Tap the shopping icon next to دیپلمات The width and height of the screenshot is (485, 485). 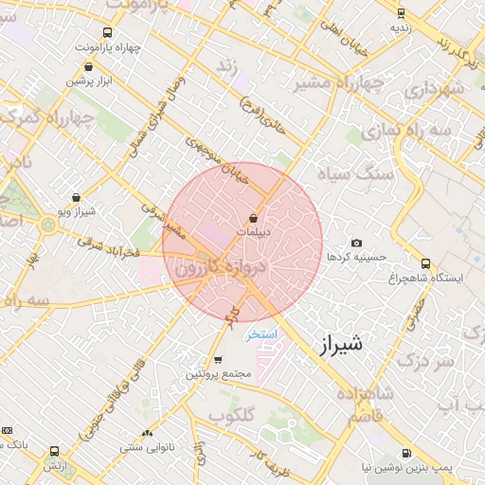coord(253,219)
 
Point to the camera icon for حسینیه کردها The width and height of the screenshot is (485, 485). coord(356,243)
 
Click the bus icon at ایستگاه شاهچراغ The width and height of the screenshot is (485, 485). coord(425,263)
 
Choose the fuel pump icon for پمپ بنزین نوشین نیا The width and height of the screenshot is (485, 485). coord(407,454)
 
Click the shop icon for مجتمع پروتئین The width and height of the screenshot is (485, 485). coord(219,360)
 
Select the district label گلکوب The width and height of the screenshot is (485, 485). coord(230,416)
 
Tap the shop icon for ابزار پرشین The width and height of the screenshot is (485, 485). coord(89,67)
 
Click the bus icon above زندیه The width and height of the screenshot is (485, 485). coord(401,13)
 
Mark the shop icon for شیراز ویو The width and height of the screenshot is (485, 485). coord(76,198)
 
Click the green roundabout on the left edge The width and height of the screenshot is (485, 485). coord(47,225)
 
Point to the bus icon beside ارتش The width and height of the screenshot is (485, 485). coord(54,452)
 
